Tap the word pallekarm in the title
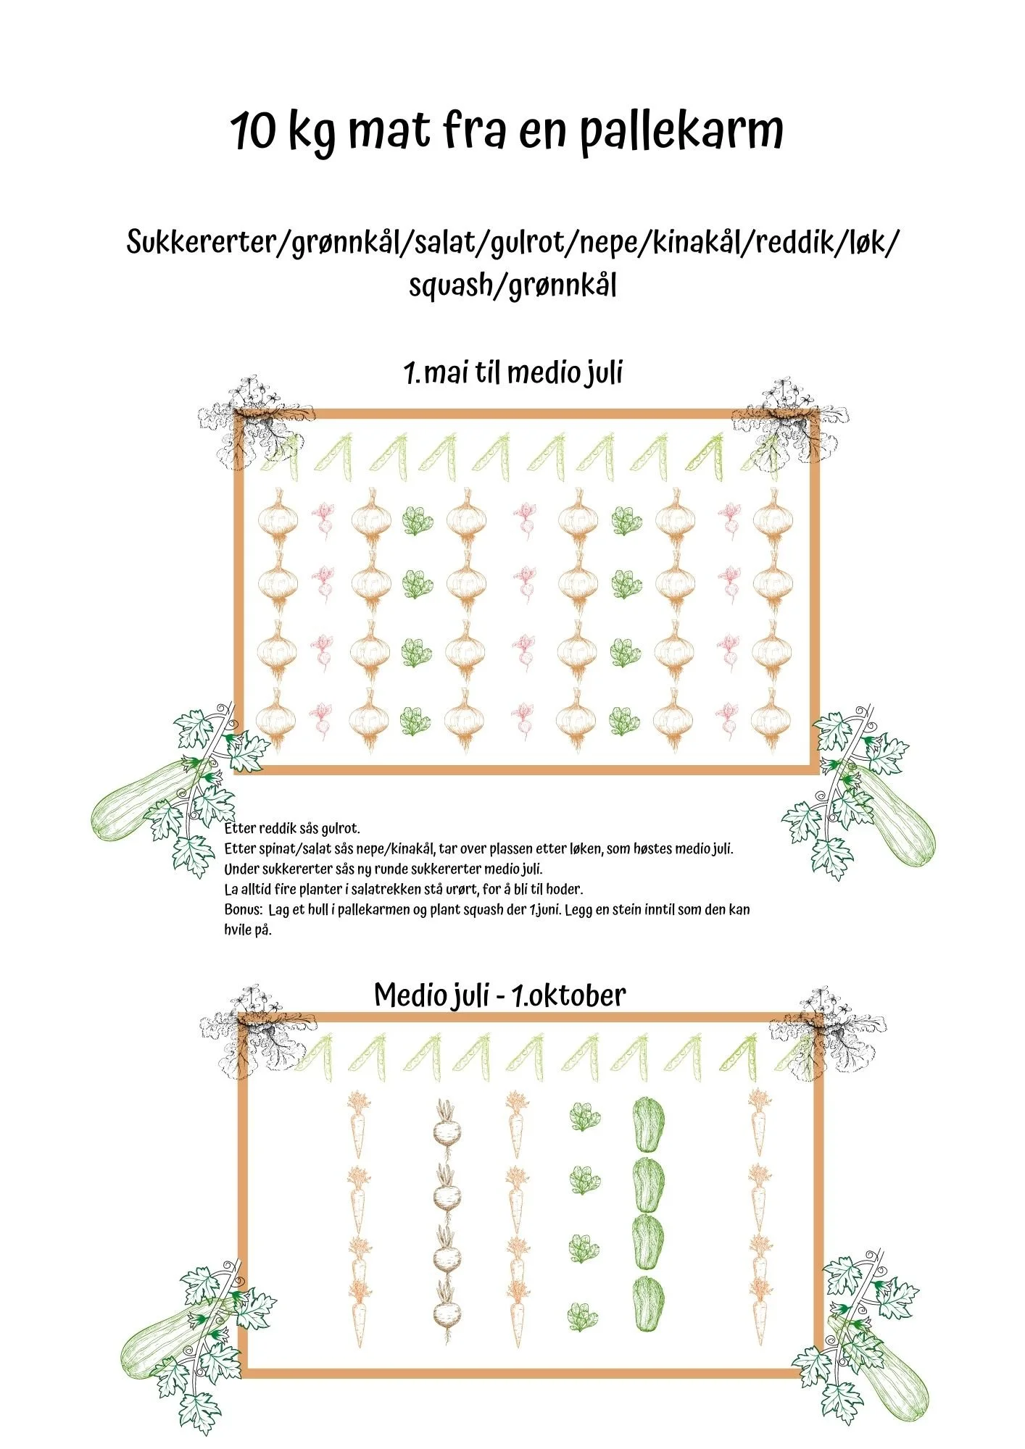click(681, 133)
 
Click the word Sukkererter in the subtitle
click(199, 242)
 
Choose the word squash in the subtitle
click(449, 285)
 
